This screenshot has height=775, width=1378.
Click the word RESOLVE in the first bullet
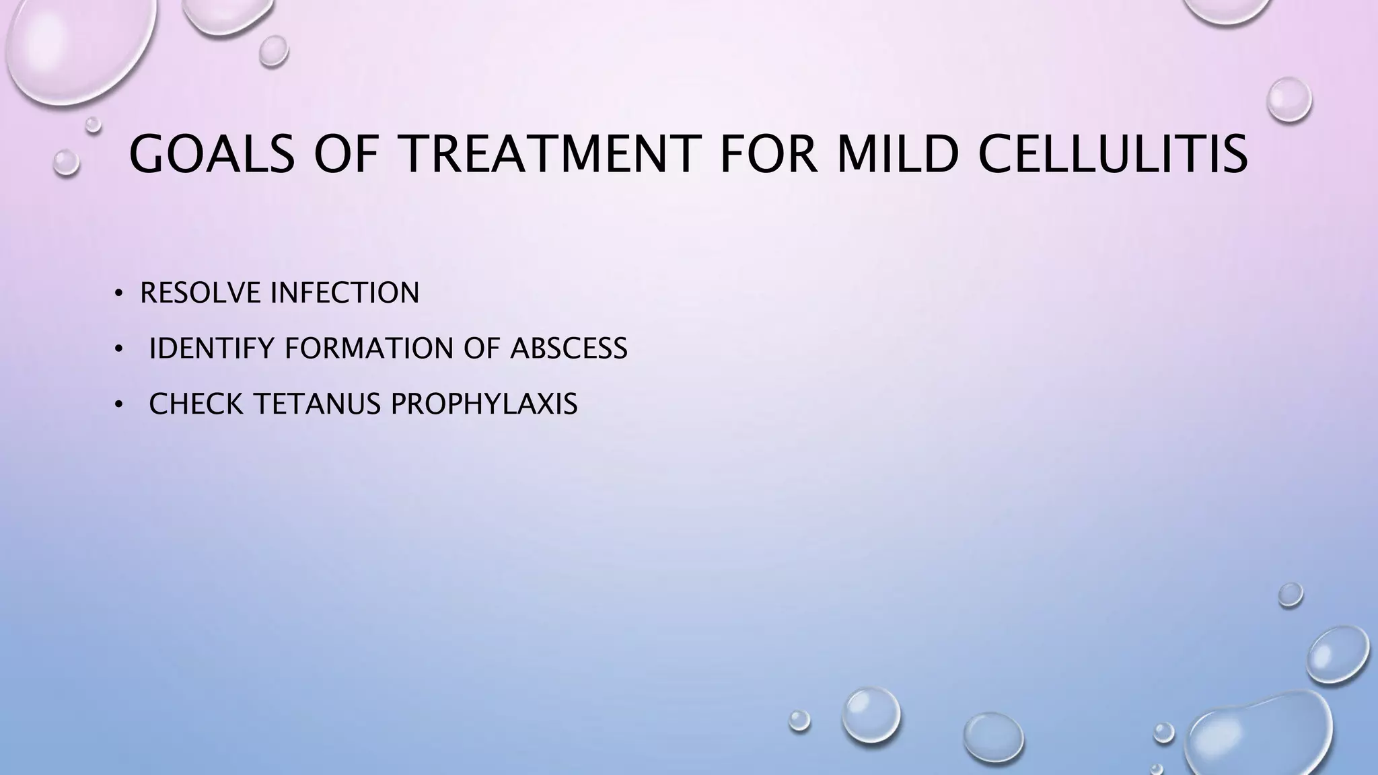click(200, 293)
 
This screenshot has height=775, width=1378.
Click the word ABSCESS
click(569, 348)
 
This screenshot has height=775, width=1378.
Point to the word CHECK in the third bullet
click(196, 404)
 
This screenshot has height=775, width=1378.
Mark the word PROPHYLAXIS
click(484, 404)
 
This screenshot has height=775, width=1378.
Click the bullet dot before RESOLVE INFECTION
click(118, 293)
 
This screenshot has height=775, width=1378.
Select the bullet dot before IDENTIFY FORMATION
click(118, 349)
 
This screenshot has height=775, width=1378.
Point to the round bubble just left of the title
click(66, 162)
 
